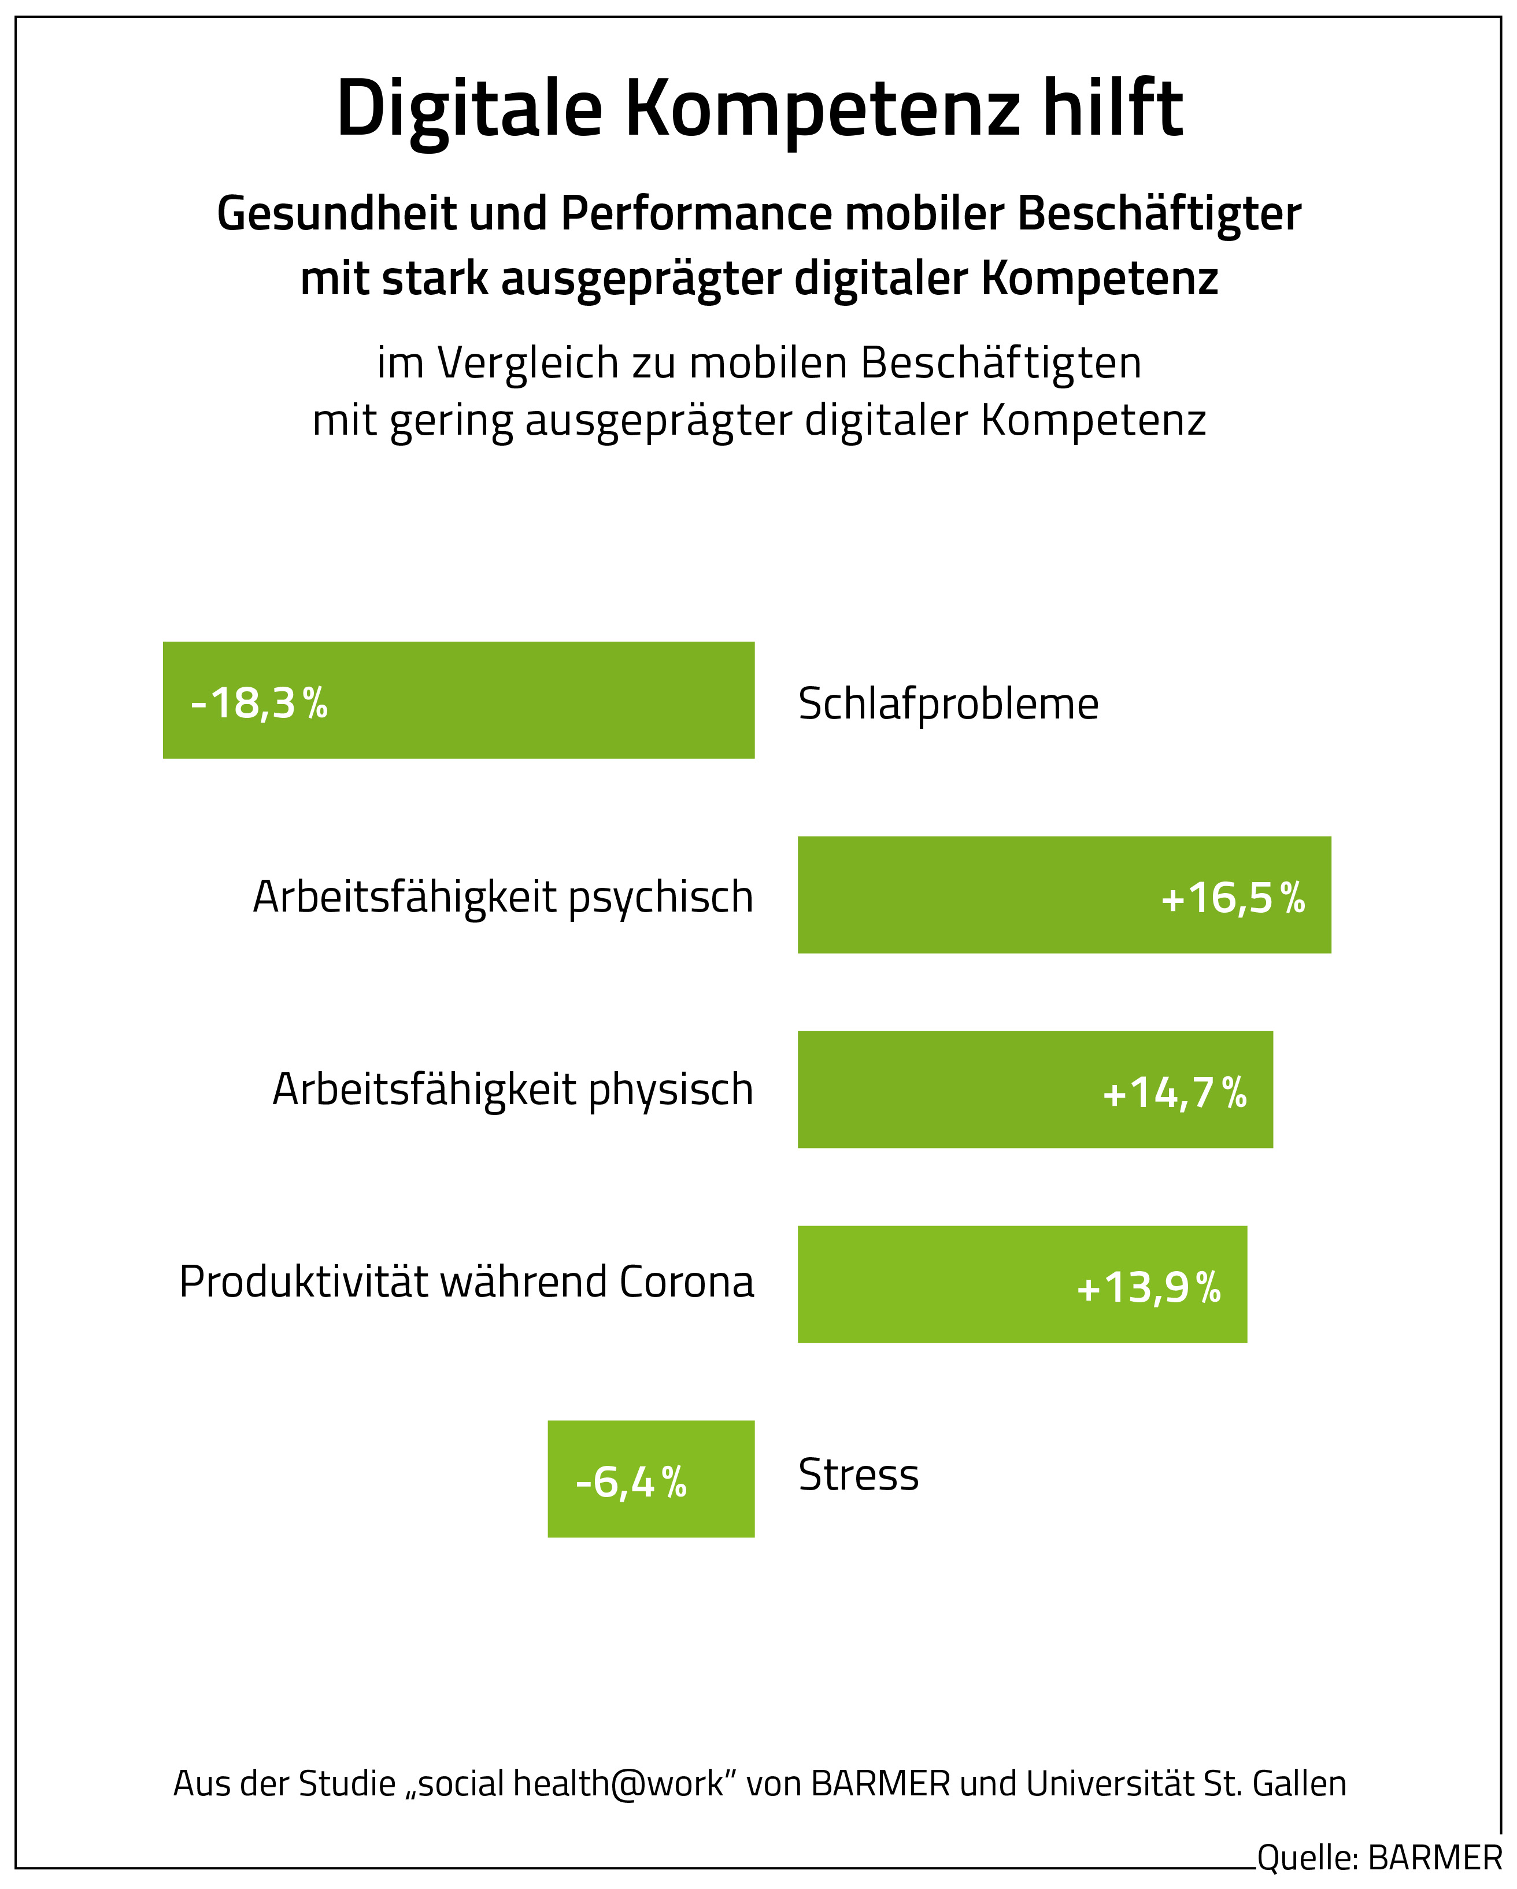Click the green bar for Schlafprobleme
click(526, 700)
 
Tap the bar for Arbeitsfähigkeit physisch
click(946, 1089)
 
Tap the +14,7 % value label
click(1174, 1092)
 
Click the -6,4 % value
click(630, 1481)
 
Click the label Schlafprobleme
click(948, 703)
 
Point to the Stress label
click(858, 1475)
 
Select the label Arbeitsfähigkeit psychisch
click(503, 897)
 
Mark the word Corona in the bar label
click(686, 1282)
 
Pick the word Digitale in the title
click(469, 109)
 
